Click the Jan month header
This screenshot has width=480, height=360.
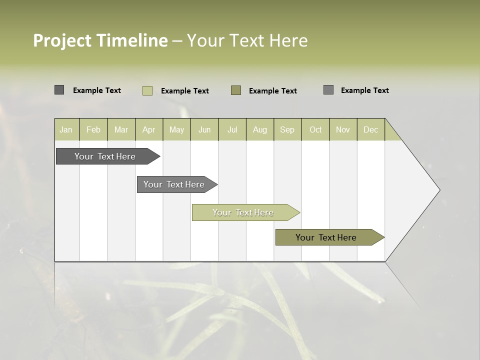(66, 129)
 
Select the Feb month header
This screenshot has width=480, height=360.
(93, 129)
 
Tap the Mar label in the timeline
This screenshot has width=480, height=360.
(121, 129)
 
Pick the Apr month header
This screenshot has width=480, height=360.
(148, 129)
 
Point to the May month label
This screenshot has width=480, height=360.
(176, 129)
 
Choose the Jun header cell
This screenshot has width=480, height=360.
(204, 129)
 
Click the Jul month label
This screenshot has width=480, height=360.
(232, 129)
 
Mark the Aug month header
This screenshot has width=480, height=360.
(259, 129)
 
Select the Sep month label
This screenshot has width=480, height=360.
(287, 129)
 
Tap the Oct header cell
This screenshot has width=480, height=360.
(315, 129)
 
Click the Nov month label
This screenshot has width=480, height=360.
(343, 129)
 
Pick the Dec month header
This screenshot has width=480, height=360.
(370, 129)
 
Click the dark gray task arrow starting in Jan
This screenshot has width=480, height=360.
(105, 156)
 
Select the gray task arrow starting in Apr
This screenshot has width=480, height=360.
(174, 184)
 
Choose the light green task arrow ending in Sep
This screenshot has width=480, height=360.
(243, 212)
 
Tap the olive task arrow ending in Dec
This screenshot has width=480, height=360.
(326, 237)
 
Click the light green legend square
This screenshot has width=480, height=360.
(147, 90)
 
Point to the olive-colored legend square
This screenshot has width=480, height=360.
(236, 90)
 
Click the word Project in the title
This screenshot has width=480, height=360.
(63, 40)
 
